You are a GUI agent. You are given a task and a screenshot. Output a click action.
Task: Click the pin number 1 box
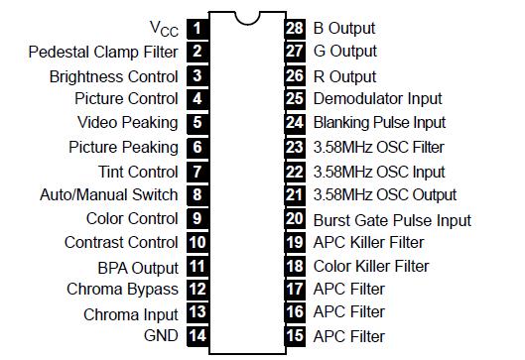(197, 27)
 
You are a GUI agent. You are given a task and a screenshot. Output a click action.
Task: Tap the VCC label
(164, 28)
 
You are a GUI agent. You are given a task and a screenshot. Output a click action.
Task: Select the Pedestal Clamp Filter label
(103, 52)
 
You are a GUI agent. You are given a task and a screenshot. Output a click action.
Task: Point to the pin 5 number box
(197, 123)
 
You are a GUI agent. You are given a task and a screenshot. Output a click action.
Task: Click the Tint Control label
(138, 172)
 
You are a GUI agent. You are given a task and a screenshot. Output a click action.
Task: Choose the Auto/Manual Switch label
(108, 195)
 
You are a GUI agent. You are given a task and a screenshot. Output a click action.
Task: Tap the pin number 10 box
(197, 242)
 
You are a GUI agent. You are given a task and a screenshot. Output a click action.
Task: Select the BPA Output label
(138, 268)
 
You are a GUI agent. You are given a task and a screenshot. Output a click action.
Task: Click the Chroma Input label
(131, 314)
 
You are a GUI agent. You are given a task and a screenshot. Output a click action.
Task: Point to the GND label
(161, 336)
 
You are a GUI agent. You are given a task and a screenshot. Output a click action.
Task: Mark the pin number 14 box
(197, 336)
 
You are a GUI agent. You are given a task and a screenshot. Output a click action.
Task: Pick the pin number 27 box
(294, 51)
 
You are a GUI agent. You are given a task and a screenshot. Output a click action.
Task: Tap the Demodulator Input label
(377, 98)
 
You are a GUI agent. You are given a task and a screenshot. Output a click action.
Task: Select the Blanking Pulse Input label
(379, 122)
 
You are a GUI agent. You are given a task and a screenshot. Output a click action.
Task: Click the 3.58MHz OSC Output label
(385, 194)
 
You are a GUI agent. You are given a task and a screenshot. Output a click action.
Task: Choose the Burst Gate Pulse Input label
(392, 219)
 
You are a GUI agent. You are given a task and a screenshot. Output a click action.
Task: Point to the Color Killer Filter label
(371, 266)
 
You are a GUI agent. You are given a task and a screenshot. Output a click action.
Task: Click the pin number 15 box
(294, 336)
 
